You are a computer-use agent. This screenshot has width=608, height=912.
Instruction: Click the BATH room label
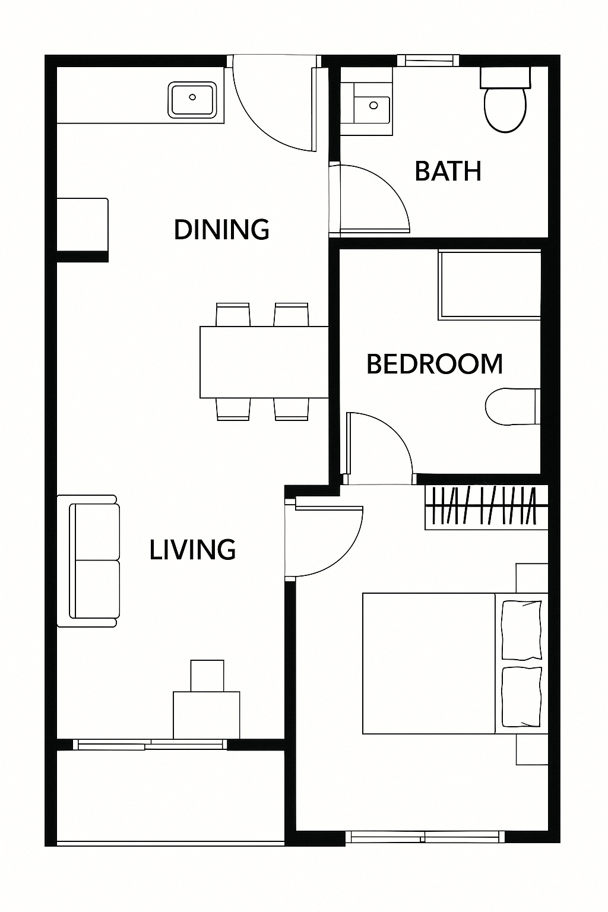click(448, 171)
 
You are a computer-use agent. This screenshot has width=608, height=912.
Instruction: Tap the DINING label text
click(221, 229)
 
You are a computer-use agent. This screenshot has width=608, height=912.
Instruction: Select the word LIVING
click(192, 549)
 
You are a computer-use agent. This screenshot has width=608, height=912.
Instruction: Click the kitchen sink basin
click(192, 99)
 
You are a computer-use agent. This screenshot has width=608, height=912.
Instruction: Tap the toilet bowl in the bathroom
click(505, 109)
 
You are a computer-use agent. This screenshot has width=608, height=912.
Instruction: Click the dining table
click(264, 362)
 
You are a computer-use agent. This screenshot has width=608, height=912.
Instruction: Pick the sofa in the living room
click(88, 561)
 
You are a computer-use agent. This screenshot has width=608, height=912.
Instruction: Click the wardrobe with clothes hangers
click(486, 507)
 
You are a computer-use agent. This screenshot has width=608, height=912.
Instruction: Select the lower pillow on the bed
click(522, 697)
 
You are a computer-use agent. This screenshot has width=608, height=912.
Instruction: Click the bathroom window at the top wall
click(429, 61)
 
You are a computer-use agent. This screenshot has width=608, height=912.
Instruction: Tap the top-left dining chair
click(233, 314)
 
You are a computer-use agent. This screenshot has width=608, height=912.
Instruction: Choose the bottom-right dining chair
click(291, 409)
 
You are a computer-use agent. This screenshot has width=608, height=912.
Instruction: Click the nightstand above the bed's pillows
click(532, 578)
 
